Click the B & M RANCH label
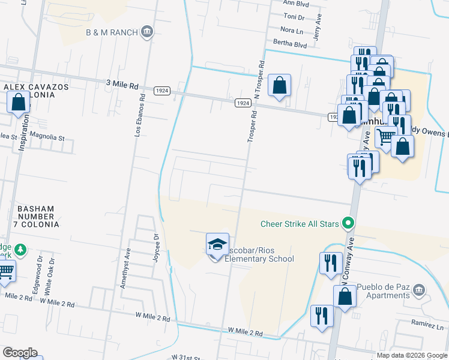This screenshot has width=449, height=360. click(112, 32)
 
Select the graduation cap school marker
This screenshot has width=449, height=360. click(217, 244)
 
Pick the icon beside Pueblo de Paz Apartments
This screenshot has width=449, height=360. click(418, 291)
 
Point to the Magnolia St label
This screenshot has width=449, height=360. click(47, 137)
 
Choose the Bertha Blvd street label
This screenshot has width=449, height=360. click(290, 44)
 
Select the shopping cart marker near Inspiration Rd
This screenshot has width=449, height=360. click(6, 272)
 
